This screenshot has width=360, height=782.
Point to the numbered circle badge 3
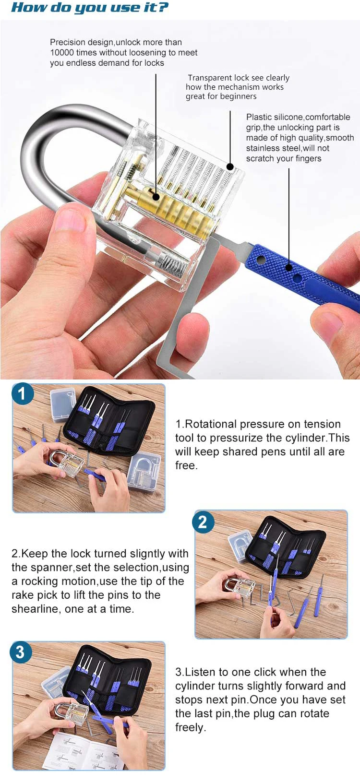[20, 652]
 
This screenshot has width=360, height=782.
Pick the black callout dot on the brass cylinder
[156, 197]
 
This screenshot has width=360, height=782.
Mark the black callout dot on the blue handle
[289, 268]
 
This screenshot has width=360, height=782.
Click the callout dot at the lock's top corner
[230, 167]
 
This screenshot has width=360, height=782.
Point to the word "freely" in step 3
[190, 727]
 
